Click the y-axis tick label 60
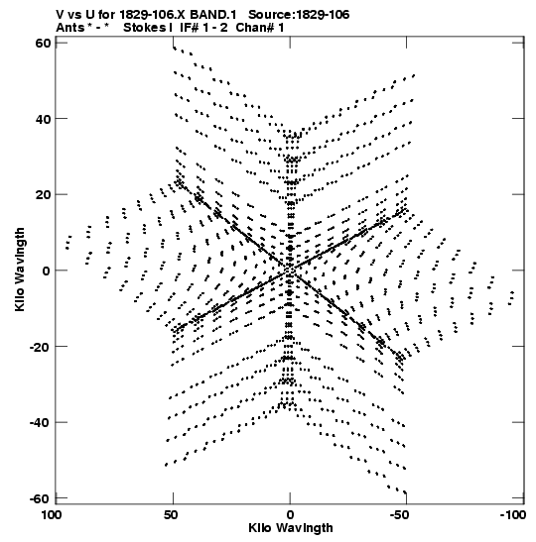43,43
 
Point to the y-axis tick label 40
43,119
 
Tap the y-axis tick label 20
43,195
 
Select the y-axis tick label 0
47,271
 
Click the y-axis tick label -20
40,347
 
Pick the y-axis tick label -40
40,423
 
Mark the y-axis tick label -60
40,498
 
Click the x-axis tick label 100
52,515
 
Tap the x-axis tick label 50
171,515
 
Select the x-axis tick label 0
290,515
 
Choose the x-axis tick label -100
513,515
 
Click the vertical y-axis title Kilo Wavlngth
20,270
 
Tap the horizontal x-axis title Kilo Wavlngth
291,528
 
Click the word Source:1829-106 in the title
299,15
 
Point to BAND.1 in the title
213,15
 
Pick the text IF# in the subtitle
189,28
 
